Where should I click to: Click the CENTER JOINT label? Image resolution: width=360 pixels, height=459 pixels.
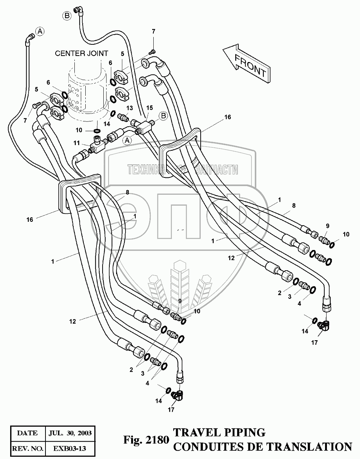[82, 53]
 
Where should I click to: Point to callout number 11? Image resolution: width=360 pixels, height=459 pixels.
[76, 143]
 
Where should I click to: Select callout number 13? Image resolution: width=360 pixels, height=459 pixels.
[130, 108]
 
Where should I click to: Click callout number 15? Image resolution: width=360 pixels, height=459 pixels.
[149, 108]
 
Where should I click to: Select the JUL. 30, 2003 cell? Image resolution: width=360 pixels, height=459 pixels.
[70, 433]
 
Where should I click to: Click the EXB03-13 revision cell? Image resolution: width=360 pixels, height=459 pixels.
[70, 448]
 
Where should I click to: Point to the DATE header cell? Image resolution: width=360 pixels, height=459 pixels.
[27, 433]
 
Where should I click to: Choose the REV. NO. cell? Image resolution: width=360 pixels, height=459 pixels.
[27, 448]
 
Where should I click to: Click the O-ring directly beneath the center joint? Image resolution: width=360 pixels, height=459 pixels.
[97, 130]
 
